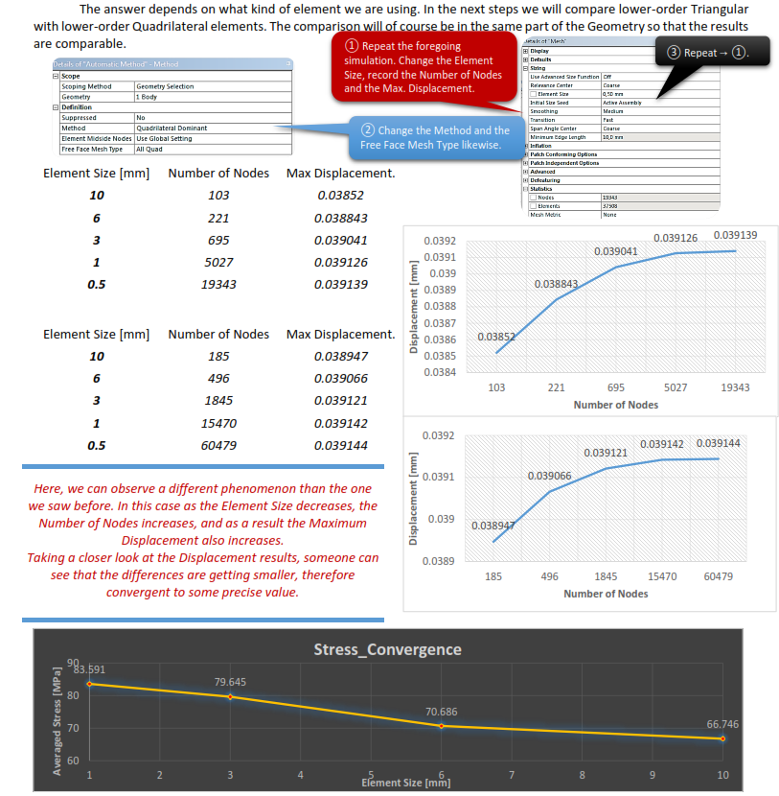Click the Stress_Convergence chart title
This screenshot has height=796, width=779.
[387, 649]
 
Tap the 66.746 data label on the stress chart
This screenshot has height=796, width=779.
[722, 724]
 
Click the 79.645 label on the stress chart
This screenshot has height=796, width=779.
[230, 681]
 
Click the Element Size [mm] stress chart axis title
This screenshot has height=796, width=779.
[405, 783]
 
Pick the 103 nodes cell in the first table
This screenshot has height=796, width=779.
[218, 195]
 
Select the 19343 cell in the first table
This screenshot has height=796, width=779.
[218, 284]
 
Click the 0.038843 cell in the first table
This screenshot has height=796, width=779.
[340, 218]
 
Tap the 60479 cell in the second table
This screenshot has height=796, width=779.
[218, 445]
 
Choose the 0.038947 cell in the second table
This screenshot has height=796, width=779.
[340, 356]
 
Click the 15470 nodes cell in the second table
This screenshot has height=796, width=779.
[218, 423]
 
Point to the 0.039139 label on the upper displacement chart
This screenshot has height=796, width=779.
[735, 235]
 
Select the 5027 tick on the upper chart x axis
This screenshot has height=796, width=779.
[676, 387]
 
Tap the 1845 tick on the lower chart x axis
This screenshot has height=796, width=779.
[606, 576]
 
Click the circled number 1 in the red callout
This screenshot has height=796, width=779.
[352, 46]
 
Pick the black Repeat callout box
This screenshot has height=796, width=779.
[713, 52]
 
